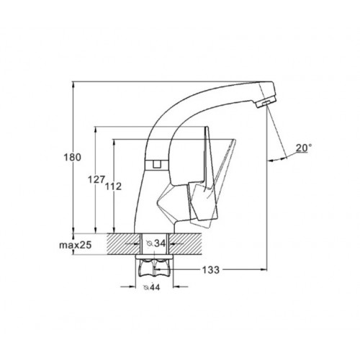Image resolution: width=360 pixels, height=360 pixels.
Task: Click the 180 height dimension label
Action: pyautogui.click(x=73, y=158)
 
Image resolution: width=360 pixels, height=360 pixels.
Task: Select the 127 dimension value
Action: pyautogui.click(x=96, y=179)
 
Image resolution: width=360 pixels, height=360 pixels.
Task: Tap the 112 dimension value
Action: pyautogui.click(x=113, y=186)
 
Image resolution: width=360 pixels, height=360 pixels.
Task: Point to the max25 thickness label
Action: pyautogui.click(x=76, y=245)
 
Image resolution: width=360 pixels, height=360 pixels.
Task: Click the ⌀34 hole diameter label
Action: pyautogui.click(x=156, y=243)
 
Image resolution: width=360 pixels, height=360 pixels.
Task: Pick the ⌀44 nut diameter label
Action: pyautogui.click(x=151, y=287)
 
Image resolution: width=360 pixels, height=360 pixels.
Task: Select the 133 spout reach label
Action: pyautogui.click(x=211, y=270)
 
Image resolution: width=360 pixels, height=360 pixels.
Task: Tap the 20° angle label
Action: pyautogui.click(x=304, y=148)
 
